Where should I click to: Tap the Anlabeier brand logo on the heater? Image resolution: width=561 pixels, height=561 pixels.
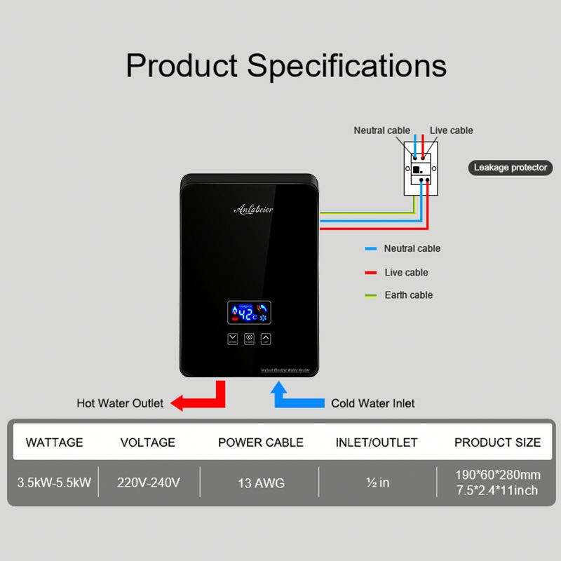tap(253, 209)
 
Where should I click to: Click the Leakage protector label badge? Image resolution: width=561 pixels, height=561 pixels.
tap(510, 168)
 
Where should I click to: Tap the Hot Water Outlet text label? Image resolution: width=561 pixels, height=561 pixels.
tap(120, 403)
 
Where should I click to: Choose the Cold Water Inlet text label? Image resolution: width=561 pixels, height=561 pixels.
tap(372, 403)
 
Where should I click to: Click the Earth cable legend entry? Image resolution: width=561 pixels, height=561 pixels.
tap(408, 295)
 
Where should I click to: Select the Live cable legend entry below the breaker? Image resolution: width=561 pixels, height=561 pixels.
tap(406, 272)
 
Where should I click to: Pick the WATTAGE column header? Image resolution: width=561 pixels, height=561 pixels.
tap(54, 442)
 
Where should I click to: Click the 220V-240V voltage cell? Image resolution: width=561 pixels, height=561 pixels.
tap(149, 482)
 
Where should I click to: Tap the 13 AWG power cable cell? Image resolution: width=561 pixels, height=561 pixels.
tap(260, 482)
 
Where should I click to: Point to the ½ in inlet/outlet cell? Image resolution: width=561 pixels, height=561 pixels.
tap(378, 482)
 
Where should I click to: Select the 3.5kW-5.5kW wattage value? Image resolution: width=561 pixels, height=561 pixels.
tap(54, 482)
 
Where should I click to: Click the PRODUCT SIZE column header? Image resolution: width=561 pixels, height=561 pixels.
tap(497, 442)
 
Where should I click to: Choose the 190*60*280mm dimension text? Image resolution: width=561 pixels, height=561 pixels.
tap(497, 475)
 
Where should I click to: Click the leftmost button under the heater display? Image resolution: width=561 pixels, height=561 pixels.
tap(233, 339)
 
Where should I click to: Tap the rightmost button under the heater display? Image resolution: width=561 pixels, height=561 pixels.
tap(266, 339)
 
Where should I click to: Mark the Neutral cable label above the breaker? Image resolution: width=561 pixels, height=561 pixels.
tap(381, 130)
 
